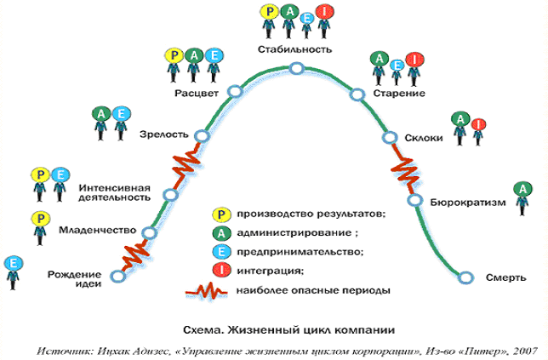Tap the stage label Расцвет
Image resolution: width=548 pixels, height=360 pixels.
click(197, 91)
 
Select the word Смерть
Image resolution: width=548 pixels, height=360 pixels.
click(503, 277)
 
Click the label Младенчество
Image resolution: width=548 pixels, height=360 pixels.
click(98, 231)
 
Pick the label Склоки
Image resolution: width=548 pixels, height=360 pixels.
click(423, 137)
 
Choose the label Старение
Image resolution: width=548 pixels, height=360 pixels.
click(398, 92)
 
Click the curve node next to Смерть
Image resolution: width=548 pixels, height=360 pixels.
click(465, 277)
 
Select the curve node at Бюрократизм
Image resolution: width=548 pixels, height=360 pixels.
click(414, 201)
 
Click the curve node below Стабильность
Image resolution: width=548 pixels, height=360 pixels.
click(295, 69)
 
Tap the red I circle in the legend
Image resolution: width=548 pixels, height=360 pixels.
click(222, 271)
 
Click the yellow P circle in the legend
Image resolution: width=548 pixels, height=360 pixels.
click(222, 214)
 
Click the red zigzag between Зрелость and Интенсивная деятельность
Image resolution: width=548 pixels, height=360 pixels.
click(186, 163)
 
